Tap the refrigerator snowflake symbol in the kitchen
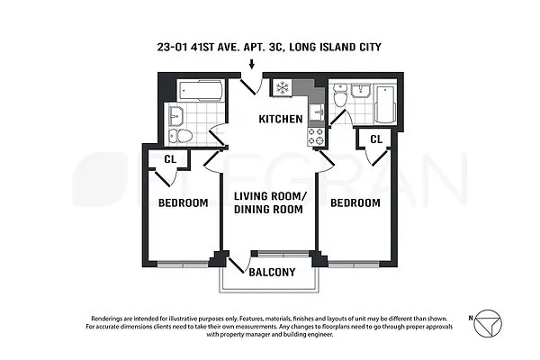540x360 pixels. point(281,88)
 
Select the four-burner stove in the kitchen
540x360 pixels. point(316,135)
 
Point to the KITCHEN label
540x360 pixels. point(281,119)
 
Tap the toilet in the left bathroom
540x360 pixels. point(184,136)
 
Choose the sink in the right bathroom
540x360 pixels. point(339,92)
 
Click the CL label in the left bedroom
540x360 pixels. point(168,159)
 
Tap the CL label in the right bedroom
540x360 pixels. point(375,139)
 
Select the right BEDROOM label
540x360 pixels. point(355,203)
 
